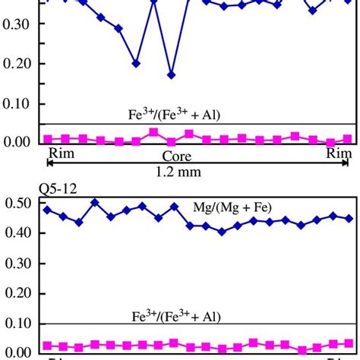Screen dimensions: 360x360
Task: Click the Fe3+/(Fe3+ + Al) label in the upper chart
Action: [175, 115]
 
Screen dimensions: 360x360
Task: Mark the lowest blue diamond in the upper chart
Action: [172, 74]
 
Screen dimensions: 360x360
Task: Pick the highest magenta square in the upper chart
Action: [153, 132]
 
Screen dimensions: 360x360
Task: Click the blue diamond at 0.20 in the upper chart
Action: [136, 63]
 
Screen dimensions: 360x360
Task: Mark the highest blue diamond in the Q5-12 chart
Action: [95, 203]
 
